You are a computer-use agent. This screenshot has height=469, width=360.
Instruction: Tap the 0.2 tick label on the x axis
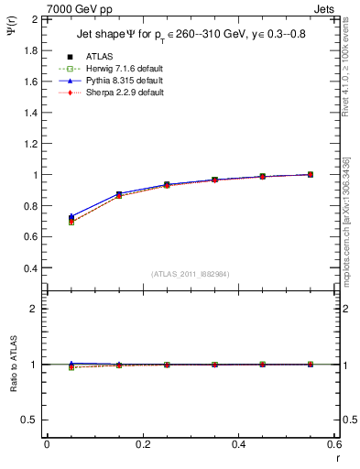click(142, 445)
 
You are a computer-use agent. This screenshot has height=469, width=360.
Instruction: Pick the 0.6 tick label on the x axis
click(333, 445)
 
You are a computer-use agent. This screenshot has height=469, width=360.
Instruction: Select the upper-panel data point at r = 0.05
click(71, 219)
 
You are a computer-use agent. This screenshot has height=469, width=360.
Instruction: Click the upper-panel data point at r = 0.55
click(311, 174)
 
